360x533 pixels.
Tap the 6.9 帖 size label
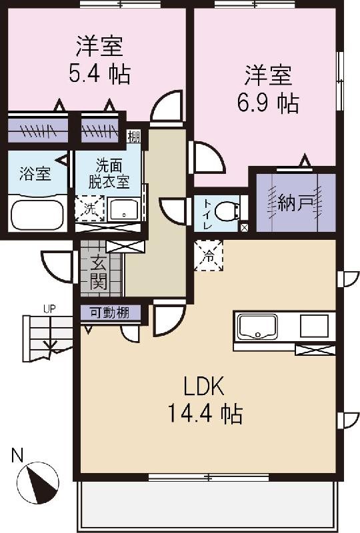(x=269, y=103)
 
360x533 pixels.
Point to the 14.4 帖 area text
(x=203, y=415)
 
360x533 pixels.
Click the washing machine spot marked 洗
(x=87, y=208)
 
